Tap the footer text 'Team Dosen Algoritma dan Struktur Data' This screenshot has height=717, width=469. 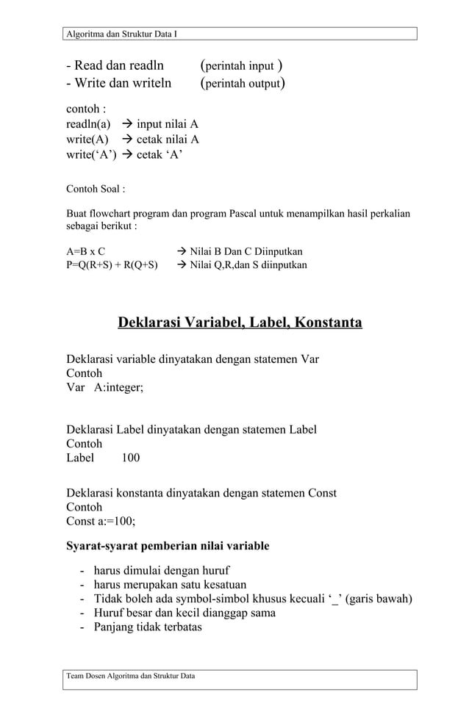pos(131,675)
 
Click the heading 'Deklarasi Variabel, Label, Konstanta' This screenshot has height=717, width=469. pos(240,323)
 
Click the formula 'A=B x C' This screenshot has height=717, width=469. pos(85,251)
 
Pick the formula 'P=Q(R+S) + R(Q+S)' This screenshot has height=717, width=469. pos(112,264)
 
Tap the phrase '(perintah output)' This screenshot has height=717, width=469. pos(243,83)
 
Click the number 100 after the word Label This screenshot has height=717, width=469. pos(131,458)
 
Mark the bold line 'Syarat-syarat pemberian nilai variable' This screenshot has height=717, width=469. pos(168,546)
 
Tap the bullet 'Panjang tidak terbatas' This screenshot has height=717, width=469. pos(147,627)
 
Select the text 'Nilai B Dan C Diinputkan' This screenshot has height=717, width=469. pos(246,251)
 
